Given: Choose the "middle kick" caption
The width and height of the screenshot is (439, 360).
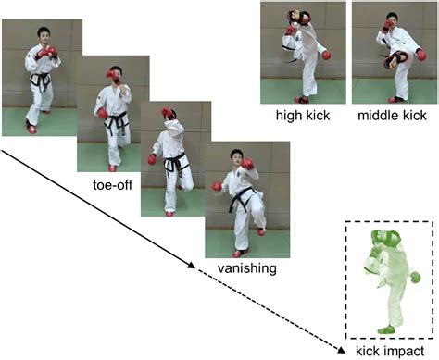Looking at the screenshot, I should (389, 116).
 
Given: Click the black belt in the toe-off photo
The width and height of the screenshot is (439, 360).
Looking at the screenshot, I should (116, 120).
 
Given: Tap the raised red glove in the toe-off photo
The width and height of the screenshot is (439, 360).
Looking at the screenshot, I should (113, 74).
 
